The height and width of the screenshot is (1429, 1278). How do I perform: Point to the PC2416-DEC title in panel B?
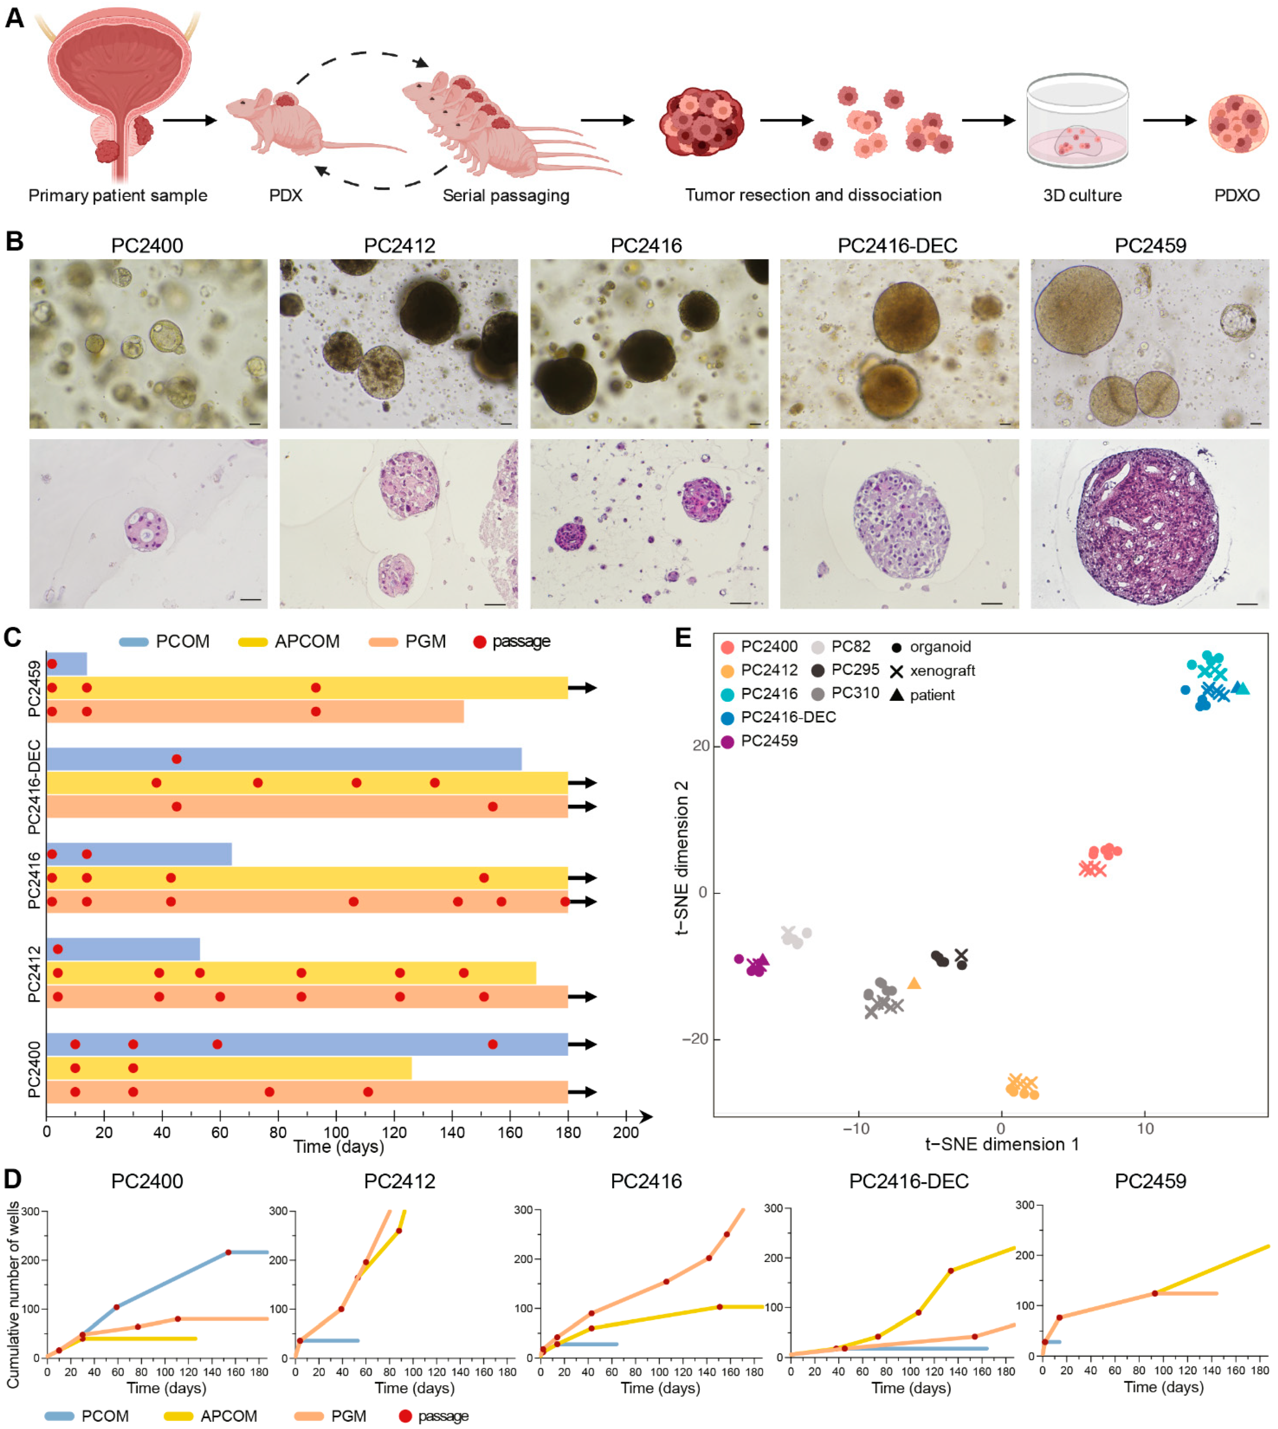click(x=897, y=246)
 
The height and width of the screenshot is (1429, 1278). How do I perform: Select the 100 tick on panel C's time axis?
click(x=336, y=1132)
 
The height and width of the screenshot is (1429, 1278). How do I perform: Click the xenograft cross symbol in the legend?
click(x=896, y=671)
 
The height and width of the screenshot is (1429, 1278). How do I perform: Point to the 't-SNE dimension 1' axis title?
click(x=1001, y=1145)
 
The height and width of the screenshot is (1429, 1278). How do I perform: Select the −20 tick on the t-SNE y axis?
click(x=695, y=1039)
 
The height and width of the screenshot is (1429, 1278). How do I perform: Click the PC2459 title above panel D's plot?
click(x=1150, y=1181)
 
